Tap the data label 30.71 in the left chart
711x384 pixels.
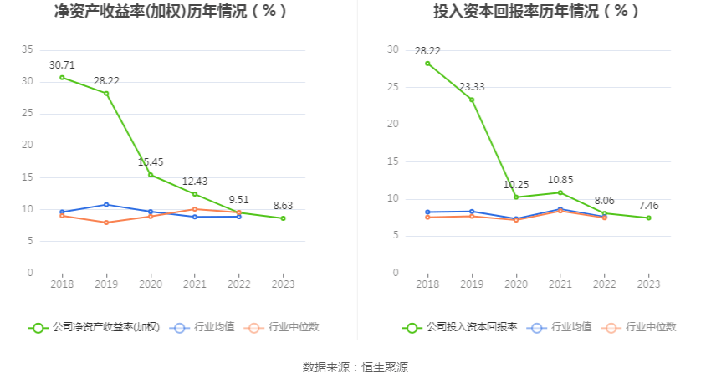(x=62, y=64)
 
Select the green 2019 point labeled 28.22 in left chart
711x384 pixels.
(x=106, y=93)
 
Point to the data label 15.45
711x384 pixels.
(x=151, y=161)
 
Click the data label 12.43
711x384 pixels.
(x=195, y=181)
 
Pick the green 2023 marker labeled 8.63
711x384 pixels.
(x=284, y=218)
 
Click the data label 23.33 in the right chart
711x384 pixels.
(x=472, y=86)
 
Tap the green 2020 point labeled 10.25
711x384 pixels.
(x=516, y=197)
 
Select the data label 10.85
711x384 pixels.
(x=560, y=179)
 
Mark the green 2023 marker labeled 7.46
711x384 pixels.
(x=649, y=218)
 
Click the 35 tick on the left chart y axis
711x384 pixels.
(x=28, y=49)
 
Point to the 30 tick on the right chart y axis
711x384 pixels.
(x=393, y=49)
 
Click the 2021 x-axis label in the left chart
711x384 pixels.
(x=195, y=284)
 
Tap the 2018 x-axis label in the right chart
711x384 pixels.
(x=427, y=284)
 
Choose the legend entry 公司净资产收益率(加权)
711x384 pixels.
(x=94, y=328)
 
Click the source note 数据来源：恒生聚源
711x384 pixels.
(x=355, y=367)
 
